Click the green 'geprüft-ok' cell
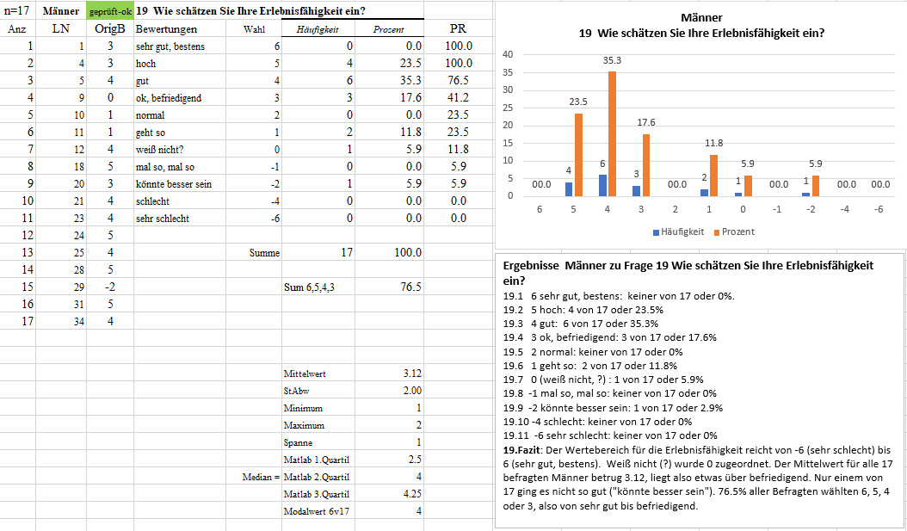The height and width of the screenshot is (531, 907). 110,11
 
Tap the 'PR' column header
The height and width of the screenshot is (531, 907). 458,28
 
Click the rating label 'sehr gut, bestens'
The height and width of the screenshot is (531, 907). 170,46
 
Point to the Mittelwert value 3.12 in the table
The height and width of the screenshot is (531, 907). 412,374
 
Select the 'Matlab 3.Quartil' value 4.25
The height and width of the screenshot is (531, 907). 412,495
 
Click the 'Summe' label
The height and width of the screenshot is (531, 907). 264,253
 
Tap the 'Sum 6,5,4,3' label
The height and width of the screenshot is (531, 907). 309,287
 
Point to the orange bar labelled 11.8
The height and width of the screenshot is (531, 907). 714,176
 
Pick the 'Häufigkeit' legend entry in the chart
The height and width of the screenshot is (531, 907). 678,232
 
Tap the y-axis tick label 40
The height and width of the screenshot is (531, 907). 509,54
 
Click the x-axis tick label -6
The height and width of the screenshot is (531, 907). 878,209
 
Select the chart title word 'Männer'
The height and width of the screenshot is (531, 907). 701,19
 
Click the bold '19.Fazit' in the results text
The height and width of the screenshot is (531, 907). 521,450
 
